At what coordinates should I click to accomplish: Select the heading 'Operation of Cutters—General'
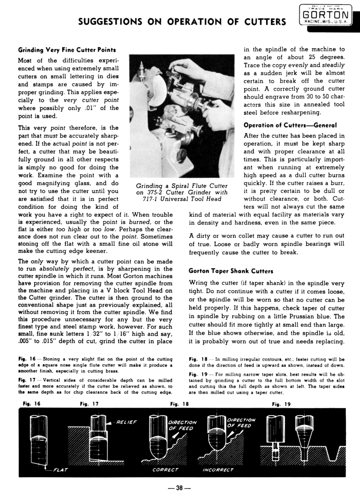pos(290,125)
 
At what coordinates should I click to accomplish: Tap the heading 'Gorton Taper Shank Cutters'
pos(231,271)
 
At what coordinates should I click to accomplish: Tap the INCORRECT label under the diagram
pos(218,470)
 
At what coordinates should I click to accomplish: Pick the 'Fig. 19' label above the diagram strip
pos(281,404)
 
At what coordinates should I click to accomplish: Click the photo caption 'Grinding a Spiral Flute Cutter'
pos(182,186)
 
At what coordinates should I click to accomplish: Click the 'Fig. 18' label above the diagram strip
pos(179,404)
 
